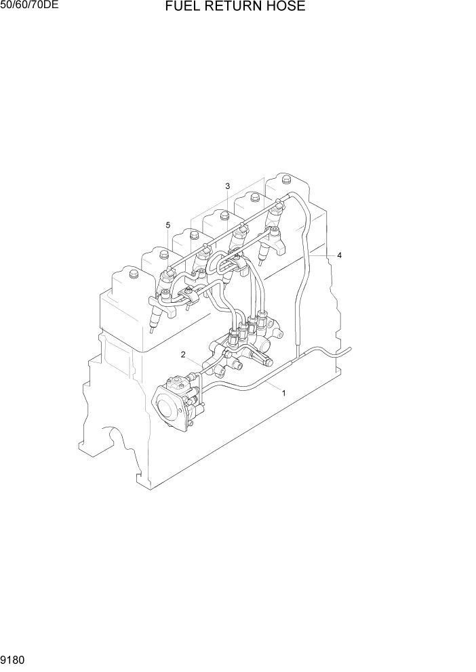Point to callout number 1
(283, 393)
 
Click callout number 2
(183, 354)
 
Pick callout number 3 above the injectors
(228, 186)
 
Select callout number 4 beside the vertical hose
(339, 255)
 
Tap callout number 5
(167, 225)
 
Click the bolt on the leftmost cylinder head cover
(133, 274)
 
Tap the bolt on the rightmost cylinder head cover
(287, 181)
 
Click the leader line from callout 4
(321, 256)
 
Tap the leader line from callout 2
(194, 362)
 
